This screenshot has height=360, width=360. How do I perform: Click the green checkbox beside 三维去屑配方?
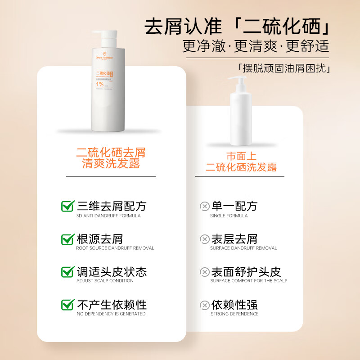[x=67, y=206]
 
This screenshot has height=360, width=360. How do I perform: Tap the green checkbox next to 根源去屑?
[x=67, y=239]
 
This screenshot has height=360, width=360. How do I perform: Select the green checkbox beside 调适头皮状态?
[x=67, y=272]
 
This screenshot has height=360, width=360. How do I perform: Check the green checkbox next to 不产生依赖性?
[x=67, y=305]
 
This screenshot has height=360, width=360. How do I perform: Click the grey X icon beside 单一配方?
[x=205, y=207]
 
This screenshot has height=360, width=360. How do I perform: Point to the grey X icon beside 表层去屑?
[x=205, y=239]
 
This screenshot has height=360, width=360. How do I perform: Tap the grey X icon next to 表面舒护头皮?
[x=205, y=272]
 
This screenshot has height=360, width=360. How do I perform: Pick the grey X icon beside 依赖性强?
[x=205, y=305]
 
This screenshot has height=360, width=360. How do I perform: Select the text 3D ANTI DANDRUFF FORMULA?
[x=108, y=216]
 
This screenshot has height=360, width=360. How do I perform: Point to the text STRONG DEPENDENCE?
[x=234, y=314]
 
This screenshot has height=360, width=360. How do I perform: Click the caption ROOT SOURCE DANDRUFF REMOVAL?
[x=115, y=248]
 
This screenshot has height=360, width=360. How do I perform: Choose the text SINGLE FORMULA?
[x=229, y=216]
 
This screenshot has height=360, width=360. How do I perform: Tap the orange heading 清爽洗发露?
[x=111, y=164]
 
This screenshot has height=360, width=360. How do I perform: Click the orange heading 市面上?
[x=241, y=156]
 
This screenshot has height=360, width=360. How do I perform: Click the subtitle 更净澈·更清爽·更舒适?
[x=256, y=46]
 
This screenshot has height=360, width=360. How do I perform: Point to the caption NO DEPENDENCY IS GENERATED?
[x=111, y=314]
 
